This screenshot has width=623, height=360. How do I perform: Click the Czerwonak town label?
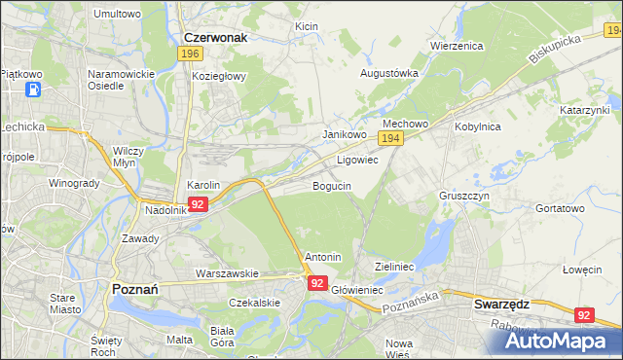point(215,37)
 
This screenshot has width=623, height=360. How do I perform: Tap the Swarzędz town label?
point(501,304)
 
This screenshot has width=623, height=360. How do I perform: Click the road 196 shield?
point(190,54)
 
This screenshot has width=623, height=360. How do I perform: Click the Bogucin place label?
point(331,185)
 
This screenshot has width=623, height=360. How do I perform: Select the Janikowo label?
point(344,134)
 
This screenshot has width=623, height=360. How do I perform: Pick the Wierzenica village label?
point(457,45)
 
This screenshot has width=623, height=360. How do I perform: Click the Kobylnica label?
point(477,126)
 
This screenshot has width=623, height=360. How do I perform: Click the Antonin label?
point(323,257)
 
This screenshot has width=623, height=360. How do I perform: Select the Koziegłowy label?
point(219,75)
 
